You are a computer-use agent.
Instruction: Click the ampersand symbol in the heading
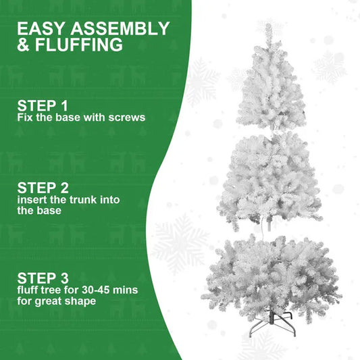pos(24,46)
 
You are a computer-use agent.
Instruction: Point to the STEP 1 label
pos(43,105)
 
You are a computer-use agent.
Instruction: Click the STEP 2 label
pos(43,187)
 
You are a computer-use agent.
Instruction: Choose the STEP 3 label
pos(43,278)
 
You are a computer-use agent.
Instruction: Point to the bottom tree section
pos(271,274)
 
